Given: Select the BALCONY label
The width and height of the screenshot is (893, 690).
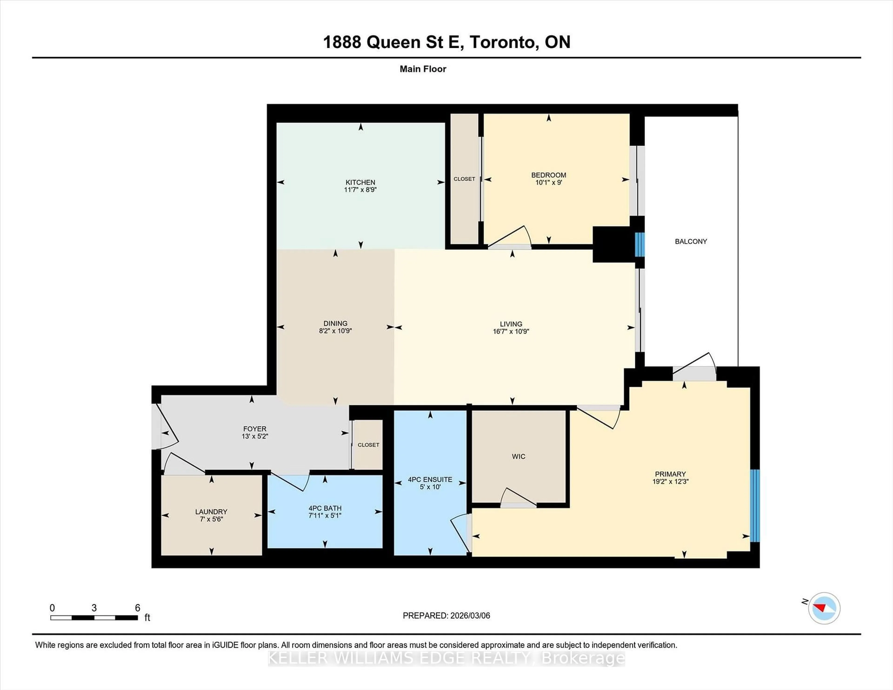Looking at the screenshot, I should coord(691,242).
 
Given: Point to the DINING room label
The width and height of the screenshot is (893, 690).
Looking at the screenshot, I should coord(335,323).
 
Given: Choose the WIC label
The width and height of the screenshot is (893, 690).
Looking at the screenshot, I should coord(518,457).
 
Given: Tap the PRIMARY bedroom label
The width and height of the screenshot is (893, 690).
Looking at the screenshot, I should coord(670,474).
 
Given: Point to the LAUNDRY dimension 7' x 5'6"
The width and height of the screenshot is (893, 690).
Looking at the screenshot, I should coord(211,519).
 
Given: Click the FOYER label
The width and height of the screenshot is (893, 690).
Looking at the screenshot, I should coord(254,429).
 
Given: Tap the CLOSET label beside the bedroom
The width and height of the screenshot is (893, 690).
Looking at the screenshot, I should coord(464,179).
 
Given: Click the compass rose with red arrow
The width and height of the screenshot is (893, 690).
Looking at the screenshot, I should coord(824,608).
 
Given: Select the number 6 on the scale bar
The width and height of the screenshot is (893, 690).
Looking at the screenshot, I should coord(137,608).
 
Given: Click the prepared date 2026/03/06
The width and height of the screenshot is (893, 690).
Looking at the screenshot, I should coord(469,616).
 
